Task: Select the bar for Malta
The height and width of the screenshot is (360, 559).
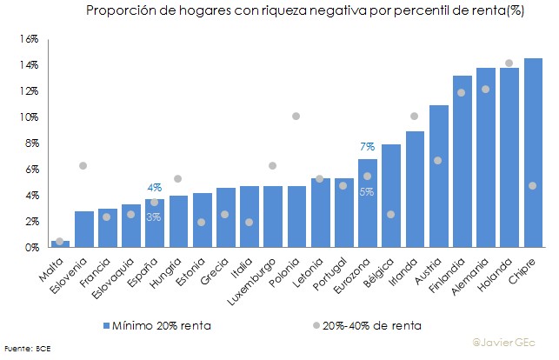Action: coord(60,243)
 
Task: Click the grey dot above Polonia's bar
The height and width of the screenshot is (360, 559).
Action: coord(296,116)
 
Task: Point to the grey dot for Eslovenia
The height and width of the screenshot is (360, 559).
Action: coord(83,165)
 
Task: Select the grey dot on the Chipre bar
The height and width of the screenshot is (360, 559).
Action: coord(532,185)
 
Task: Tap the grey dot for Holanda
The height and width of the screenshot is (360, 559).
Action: coord(509,63)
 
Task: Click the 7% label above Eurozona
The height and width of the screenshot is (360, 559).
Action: coord(367,146)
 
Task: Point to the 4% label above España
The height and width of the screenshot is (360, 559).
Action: coord(154,187)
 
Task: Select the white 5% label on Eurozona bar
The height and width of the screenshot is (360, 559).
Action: coord(367,191)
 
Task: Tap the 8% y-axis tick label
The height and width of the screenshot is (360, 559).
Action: coord(32,143)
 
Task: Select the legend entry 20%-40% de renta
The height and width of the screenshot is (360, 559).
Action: coord(364,325)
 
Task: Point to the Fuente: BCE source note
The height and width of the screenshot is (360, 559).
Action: coord(29,350)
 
